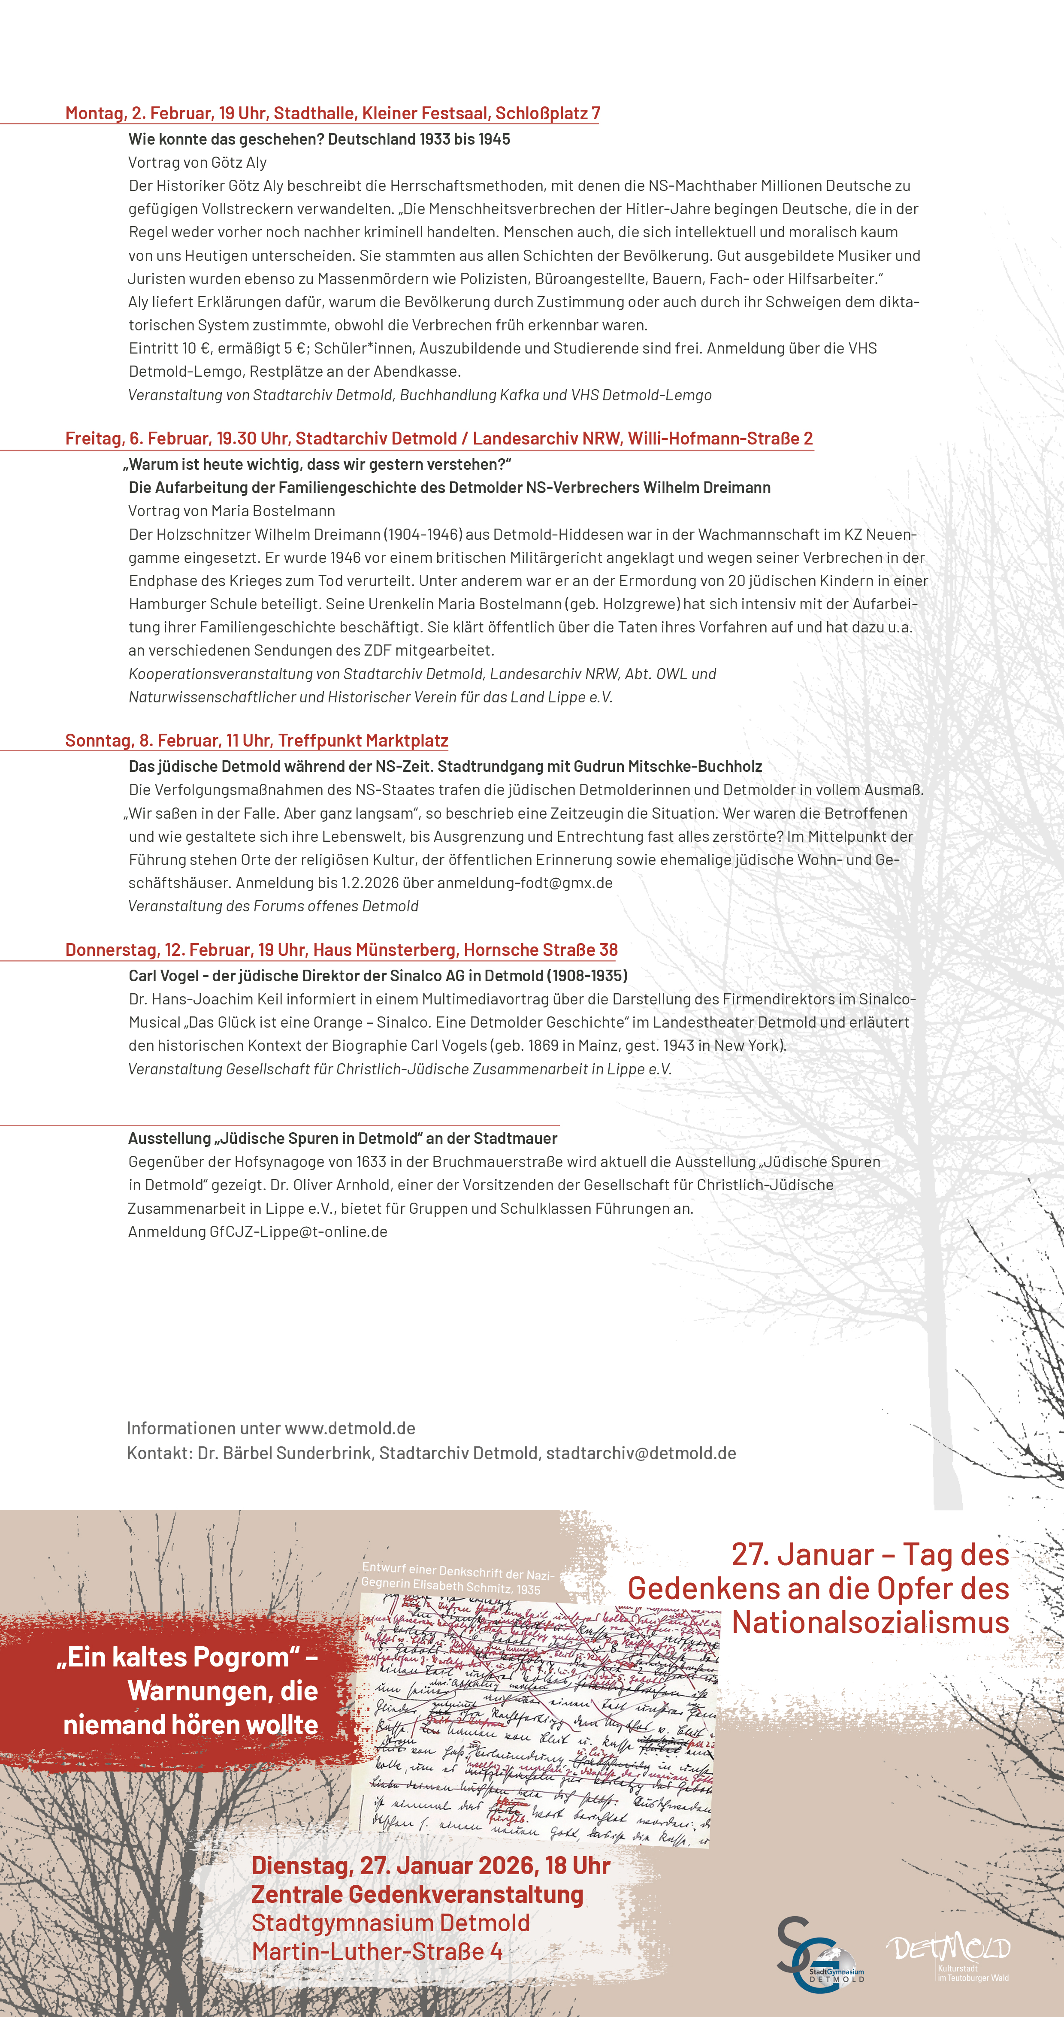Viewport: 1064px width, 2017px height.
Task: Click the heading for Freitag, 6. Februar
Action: coord(438,438)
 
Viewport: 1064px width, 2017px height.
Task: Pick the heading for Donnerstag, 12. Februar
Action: coord(342,950)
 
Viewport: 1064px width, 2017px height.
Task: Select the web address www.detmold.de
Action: coord(350,1428)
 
